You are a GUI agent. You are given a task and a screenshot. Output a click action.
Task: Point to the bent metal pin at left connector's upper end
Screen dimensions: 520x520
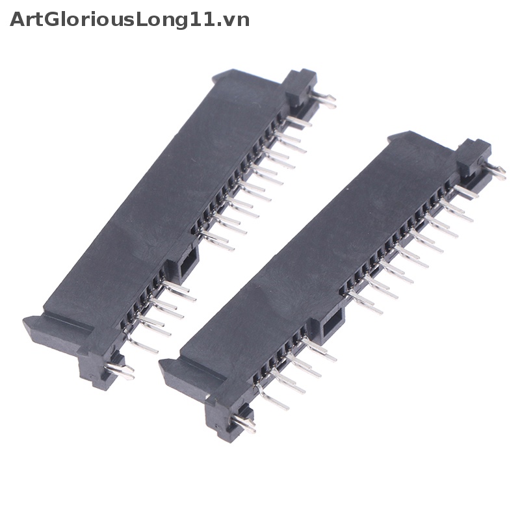tap(323, 99)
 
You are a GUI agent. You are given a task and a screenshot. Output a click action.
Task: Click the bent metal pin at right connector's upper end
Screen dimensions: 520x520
tap(495, 172)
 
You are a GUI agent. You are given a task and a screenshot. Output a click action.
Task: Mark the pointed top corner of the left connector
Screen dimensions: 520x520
tap(218, 76)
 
